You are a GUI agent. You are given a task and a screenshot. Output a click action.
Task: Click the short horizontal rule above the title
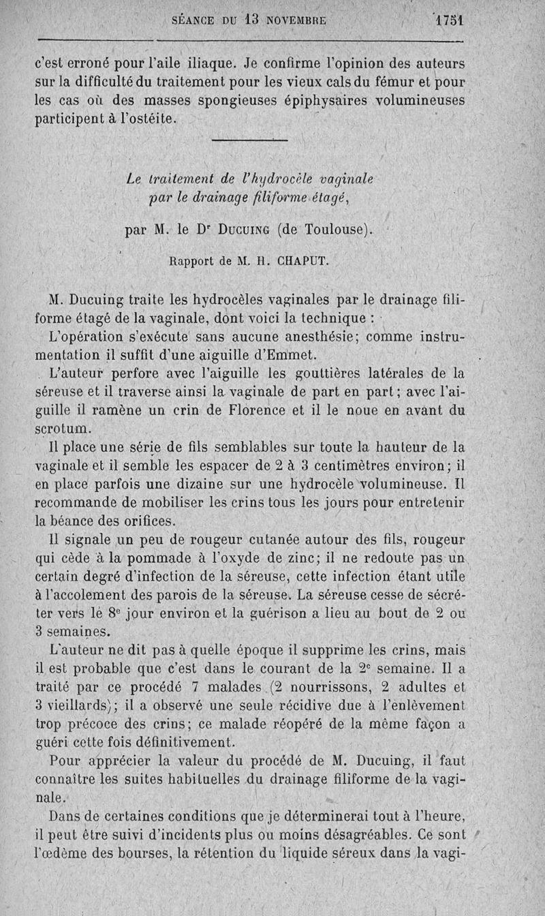tap(250, 141)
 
